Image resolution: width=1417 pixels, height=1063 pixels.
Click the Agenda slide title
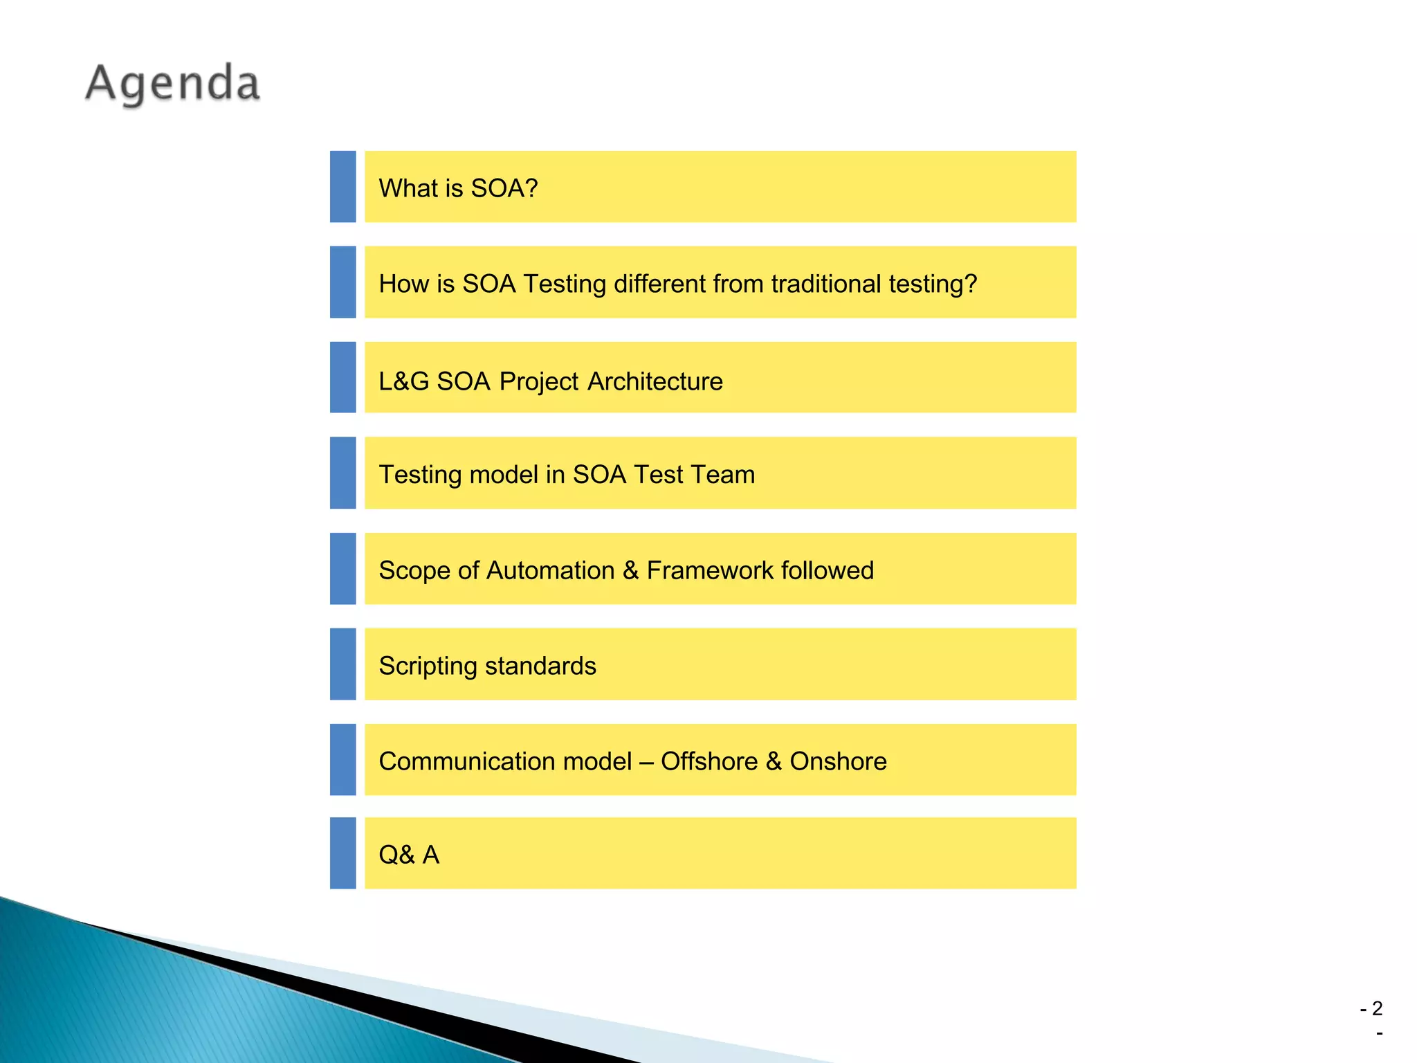point(173,84)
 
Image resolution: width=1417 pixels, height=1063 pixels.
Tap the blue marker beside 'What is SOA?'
point(342,187)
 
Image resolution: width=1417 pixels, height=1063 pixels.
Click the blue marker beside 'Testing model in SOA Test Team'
point(342,473)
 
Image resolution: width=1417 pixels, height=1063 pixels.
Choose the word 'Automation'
point(551,570)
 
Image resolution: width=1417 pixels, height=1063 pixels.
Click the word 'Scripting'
point(428,666)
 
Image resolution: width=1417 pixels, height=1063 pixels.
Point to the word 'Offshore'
point(709,761)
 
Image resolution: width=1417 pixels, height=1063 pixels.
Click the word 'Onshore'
point(838,761)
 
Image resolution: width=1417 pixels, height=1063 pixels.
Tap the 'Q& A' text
point(409,855)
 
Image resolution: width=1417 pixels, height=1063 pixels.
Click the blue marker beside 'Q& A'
point(342,853)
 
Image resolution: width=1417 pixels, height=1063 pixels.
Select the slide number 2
point(1377,1008)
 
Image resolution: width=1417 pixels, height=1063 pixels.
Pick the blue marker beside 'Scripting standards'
point(342,664)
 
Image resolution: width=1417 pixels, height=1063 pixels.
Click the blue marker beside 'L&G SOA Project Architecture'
point(342,377)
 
